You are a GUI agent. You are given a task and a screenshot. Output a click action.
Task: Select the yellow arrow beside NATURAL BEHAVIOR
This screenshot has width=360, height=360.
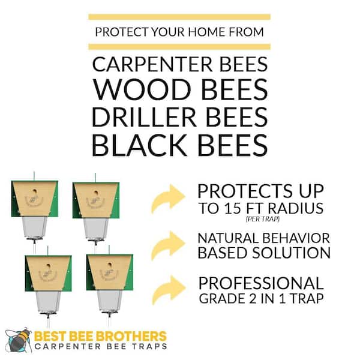point(167,244)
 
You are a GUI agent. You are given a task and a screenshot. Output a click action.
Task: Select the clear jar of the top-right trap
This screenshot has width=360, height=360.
point(96,228)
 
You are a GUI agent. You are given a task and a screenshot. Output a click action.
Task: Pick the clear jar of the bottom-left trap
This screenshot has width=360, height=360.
point(48,301)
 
